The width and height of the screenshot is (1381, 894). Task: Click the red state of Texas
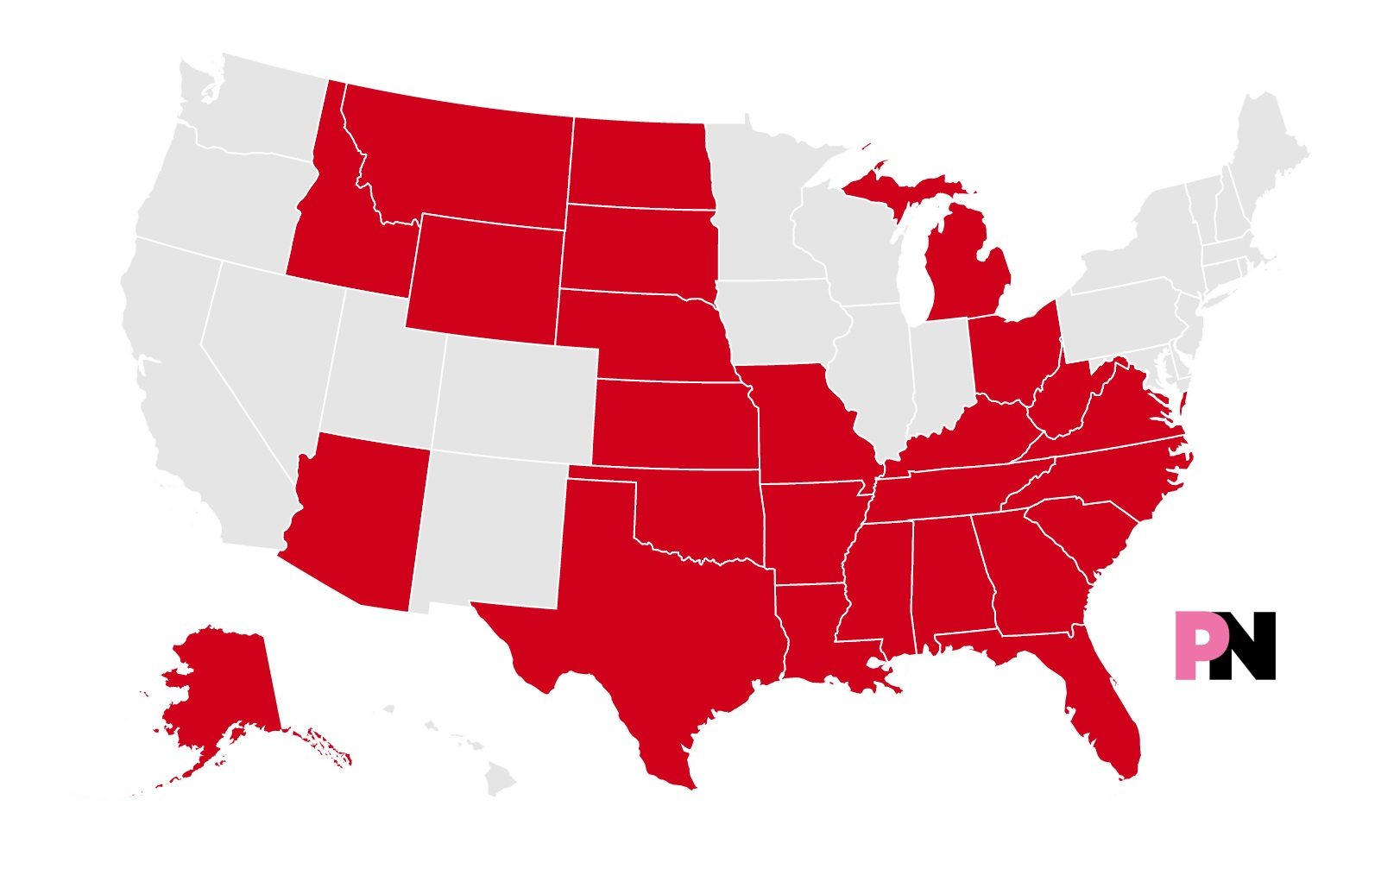[665, 621]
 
